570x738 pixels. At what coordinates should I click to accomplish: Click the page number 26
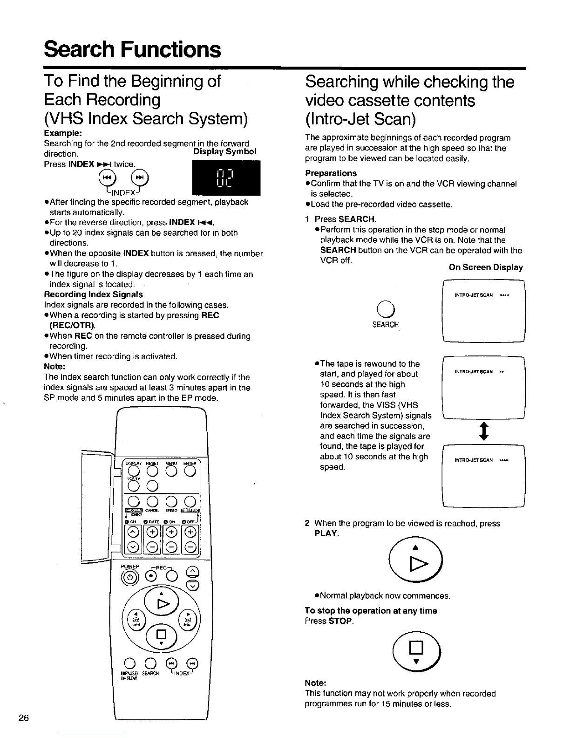(x=24, y=718)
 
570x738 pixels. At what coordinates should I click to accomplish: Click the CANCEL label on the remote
(x=153, y=510)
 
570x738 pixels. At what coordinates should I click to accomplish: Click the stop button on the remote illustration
(x=161, y=634)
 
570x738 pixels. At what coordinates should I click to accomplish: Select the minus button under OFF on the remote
(x=191, y=548)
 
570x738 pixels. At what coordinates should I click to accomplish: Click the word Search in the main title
(x=78, y=49)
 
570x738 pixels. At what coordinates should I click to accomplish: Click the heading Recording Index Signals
(x=93, y=294)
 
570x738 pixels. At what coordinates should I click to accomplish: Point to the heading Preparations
(x=331, y=173)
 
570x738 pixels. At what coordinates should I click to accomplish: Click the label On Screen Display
(x=485, y=267)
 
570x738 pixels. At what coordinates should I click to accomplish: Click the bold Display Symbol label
(x=225, y=152)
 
